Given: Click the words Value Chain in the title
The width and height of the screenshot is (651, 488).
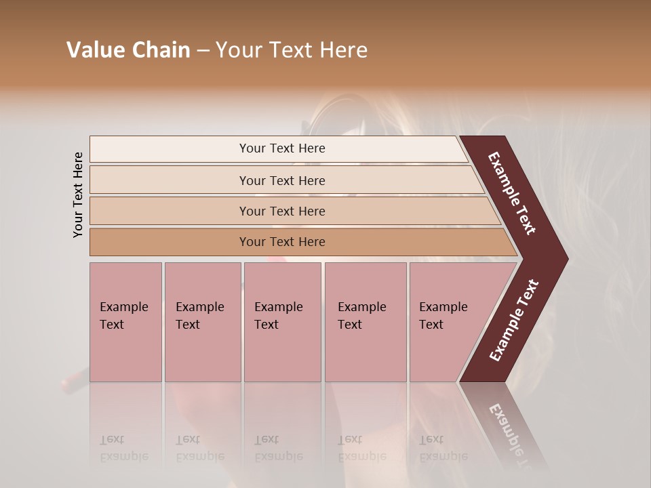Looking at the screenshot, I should pyautogui.click(x=128, y=50).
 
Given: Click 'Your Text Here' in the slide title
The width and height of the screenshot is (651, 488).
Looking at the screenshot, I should pyautogui.click(x=292, y=50).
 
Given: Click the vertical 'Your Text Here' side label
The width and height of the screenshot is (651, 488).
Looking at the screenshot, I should pyautogui.click(x=78, y=195).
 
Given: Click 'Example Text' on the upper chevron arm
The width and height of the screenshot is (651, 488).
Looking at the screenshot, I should pyautogui.click(x=512, y=193).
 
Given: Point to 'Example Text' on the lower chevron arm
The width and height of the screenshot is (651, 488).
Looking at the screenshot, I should pyautogui.click(x=514, y=321).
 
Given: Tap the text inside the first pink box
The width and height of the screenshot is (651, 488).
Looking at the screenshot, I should pyautogui.click(x=123, y=316).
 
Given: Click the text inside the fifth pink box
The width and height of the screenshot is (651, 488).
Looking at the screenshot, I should pyautogui.click(x=443, y=316).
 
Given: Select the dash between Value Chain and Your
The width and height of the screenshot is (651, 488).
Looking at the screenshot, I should pyautogui.click(x=203, y=50).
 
